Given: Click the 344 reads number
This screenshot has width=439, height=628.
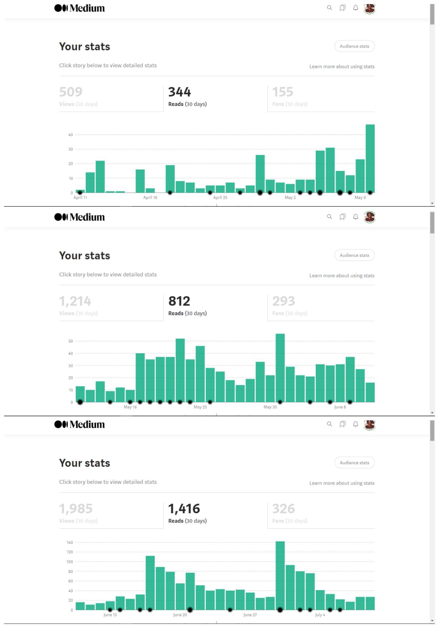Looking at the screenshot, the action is click(x=179, y=92).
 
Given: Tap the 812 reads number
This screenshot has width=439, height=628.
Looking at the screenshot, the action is click(x=179, y=301).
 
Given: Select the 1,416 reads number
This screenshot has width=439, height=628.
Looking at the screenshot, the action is click(x=184, y=509).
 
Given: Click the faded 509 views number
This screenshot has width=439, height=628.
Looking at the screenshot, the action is click(x=71, y=92).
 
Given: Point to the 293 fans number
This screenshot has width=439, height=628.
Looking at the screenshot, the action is click(x=284, y=301).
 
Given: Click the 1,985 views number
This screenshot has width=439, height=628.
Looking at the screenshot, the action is click(x=76, y=509).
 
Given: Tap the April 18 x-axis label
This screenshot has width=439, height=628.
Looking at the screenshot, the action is click(x=150, y=198).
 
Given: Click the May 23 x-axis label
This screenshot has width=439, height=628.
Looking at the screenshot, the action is click(x=200, y=407).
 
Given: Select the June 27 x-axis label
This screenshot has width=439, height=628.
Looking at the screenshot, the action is click(x=250, y=615).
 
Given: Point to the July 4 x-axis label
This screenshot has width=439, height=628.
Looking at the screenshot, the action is click(x=320, y=615).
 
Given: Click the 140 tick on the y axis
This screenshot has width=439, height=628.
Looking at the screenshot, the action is click(x=70, y=543).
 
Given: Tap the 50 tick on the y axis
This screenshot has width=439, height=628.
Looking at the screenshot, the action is click(x=71, y=341).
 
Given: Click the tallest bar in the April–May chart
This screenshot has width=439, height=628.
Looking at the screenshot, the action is click(x=370, y=158).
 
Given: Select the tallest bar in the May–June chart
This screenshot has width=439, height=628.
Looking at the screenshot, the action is click(x=280, y=368).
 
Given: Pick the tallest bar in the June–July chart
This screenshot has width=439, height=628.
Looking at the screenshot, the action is click(x=280, y=576).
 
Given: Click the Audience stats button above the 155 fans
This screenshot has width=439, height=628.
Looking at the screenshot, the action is click(x=355, y=46).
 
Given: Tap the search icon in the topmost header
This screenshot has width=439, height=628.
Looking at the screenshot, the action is click(x=329, y=8).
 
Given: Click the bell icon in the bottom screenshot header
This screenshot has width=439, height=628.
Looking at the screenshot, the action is click(x=355, y=424).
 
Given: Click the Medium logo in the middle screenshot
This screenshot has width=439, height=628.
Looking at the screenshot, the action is click(x=79, y=217).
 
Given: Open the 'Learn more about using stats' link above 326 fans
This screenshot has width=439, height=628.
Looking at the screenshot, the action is click(x=342, y=483).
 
